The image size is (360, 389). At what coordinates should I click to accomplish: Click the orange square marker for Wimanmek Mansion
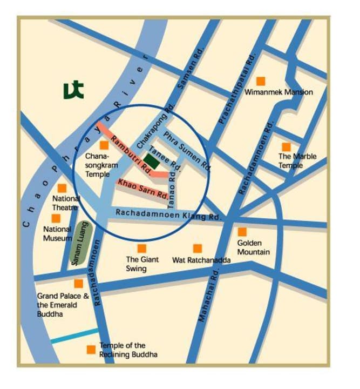261,81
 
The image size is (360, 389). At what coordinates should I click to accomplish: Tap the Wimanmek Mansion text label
279,92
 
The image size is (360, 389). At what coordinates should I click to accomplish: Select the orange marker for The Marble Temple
286,147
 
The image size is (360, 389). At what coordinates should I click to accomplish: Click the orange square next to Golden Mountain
242,232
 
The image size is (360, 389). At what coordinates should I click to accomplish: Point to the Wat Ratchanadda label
201,260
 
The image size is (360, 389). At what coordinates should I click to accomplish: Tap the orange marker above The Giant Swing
141,249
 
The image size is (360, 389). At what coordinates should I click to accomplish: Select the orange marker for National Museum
56,218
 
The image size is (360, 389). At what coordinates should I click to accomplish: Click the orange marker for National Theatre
62,188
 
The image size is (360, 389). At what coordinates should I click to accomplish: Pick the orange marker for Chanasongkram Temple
104,145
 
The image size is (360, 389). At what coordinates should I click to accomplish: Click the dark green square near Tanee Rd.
152,161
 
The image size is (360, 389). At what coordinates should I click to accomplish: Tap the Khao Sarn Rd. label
143,189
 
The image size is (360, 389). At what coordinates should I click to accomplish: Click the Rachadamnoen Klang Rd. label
168,214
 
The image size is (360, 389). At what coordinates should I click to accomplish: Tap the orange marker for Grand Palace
79,284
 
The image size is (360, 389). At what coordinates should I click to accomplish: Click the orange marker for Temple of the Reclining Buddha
91,350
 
